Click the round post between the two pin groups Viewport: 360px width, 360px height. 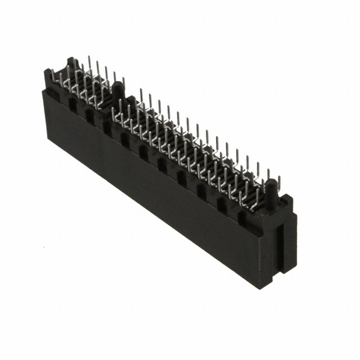pos(118,92)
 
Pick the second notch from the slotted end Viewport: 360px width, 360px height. pos(221,204)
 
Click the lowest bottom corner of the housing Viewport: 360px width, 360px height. pos(262,287)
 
